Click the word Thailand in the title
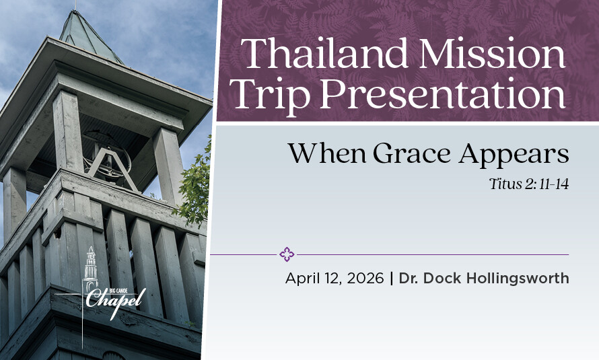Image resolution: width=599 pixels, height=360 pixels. click(x=324, y=52)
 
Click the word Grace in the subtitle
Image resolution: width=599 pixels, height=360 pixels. click(x=413, y=153)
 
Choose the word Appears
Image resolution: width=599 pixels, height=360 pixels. click(x=514, y=155)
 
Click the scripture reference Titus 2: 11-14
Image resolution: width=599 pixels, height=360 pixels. click(x=529, y=184)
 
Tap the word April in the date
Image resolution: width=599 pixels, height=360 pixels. click(x=302, y=279)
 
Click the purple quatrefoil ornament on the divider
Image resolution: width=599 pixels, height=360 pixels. click(x=287, y=254)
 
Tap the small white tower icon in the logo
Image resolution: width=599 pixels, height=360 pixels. click(x=90, y=270)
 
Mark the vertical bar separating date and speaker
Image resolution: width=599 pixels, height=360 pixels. click(x=392, y=279)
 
